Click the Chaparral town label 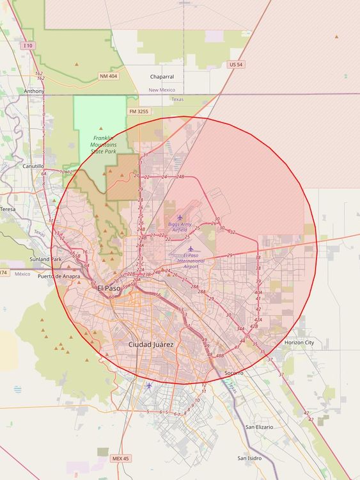point(162,76)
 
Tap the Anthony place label point(35,92)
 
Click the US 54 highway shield point(236,65)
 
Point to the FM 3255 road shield point(138,111)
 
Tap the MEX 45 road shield point(119,458)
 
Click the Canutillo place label point(32,166)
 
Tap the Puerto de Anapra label point(59,276)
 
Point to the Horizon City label point(299,342)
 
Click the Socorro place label point(234,372)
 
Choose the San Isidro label point(249,458)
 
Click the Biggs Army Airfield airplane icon point(180,218)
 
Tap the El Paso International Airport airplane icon point(190,248)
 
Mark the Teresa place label point(8,209)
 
